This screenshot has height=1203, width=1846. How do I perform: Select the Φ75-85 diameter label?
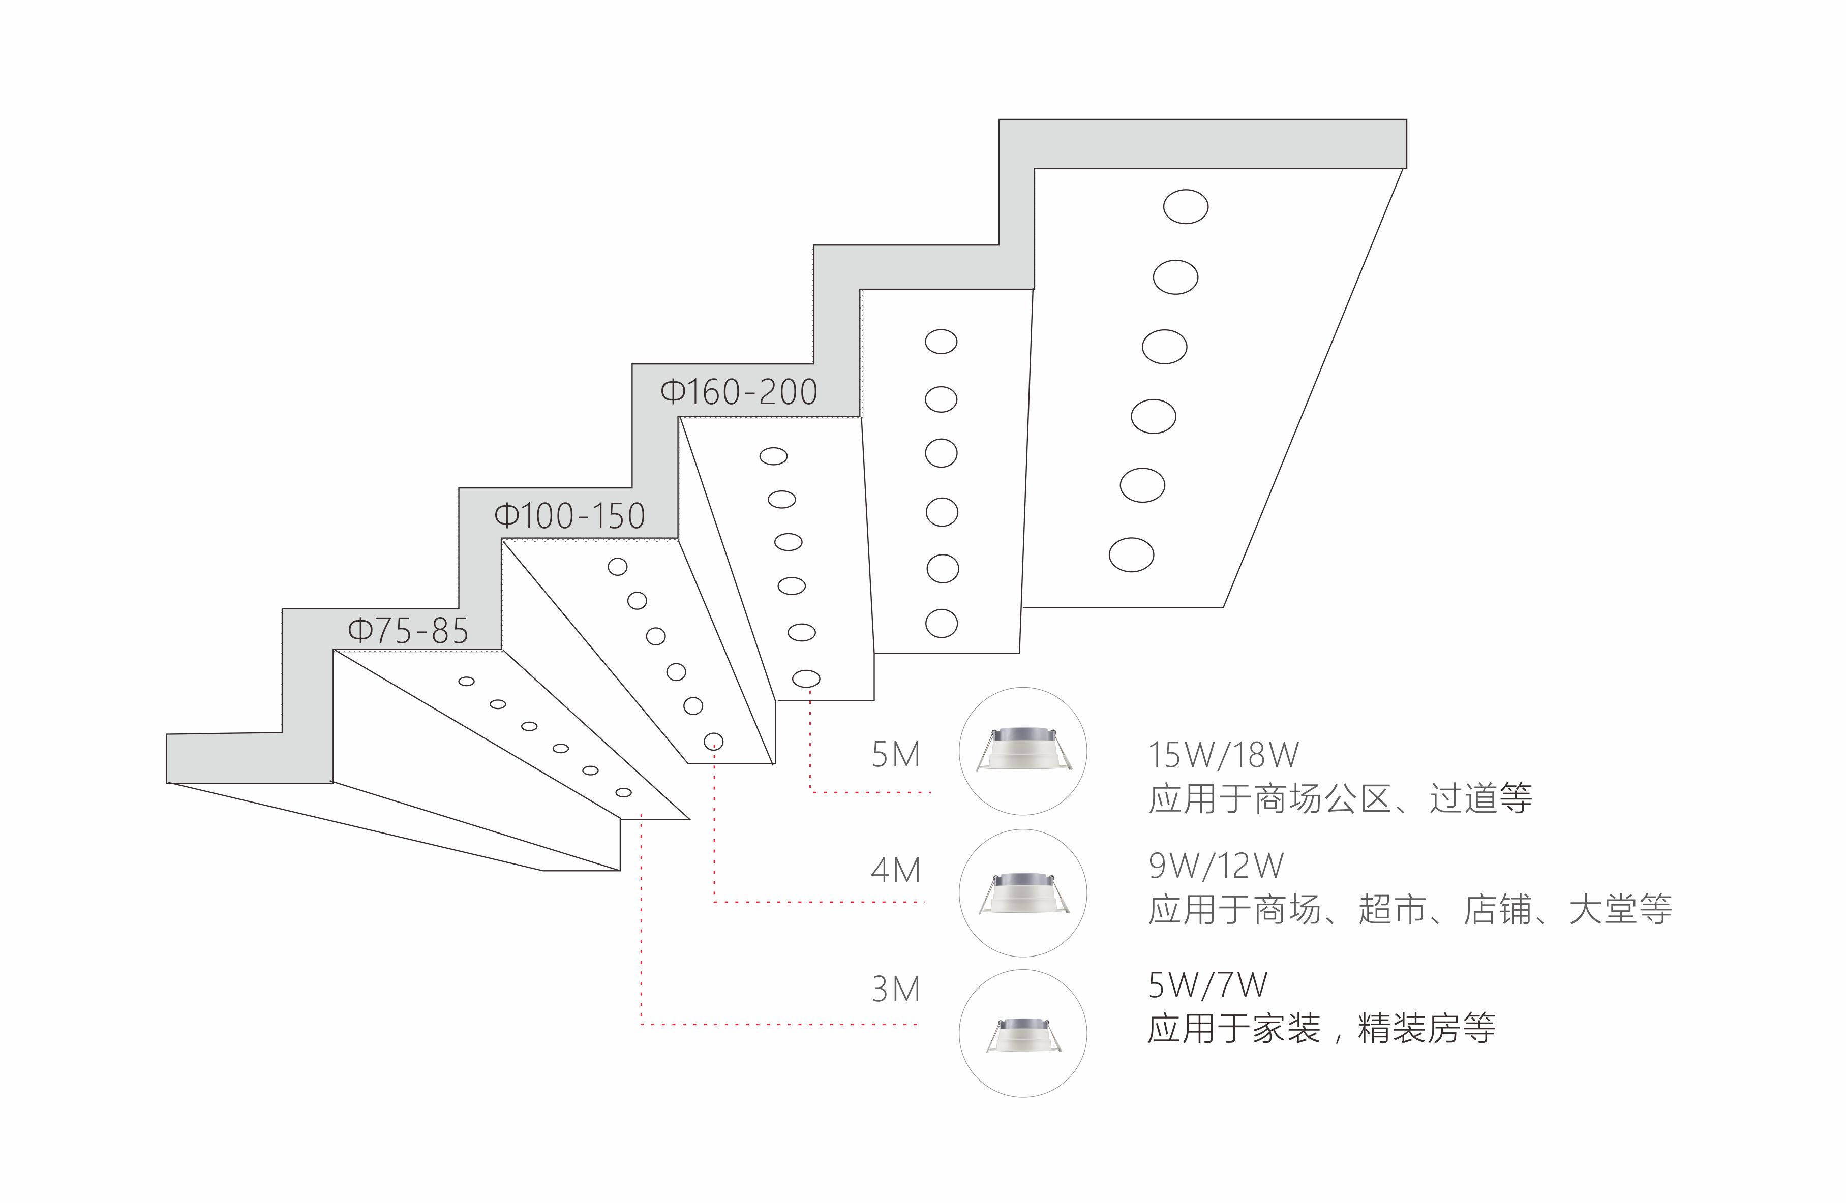coord(408,631)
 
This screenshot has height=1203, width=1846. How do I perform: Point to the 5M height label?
coord(896,755)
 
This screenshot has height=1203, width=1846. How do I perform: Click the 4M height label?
coord(896,870)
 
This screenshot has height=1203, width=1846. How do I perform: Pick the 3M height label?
coord(896,989)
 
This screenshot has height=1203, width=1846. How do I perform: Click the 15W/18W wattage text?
coord(1223,754)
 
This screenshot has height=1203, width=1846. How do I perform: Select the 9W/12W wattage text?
coord(1216,866)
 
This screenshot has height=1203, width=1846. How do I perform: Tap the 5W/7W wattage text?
coord(1207,985)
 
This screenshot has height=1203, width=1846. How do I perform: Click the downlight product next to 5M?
coord(1022,750)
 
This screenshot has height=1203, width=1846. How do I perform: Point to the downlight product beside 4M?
coord(1022,893)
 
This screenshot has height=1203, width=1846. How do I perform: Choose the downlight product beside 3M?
coord(1022,1034)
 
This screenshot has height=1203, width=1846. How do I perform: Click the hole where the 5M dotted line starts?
coord(806,678)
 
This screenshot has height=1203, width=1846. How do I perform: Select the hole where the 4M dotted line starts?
coord(714,742)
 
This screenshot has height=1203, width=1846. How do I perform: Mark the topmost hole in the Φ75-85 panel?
coord(466,681)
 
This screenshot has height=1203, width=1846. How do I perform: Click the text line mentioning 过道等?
coord(1340,798)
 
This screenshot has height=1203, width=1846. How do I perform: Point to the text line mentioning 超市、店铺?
coord(1410,909)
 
